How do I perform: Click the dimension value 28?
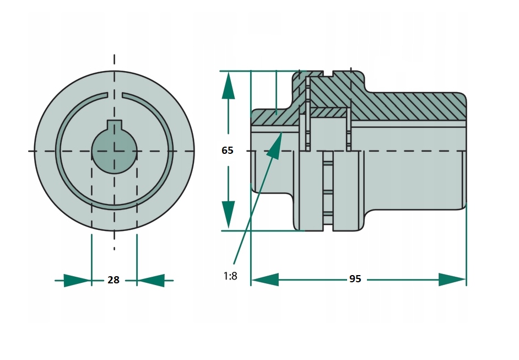pos(113,280)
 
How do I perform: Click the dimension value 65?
pos(228,150)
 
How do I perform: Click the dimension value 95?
pos(355,280)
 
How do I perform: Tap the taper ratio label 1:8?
pos(230,276)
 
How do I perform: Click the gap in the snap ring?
pos(114,95)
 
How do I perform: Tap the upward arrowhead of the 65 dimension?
pos(228,85)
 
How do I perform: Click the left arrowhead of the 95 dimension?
pos(265,279)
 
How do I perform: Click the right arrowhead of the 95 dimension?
pos(452,279)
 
